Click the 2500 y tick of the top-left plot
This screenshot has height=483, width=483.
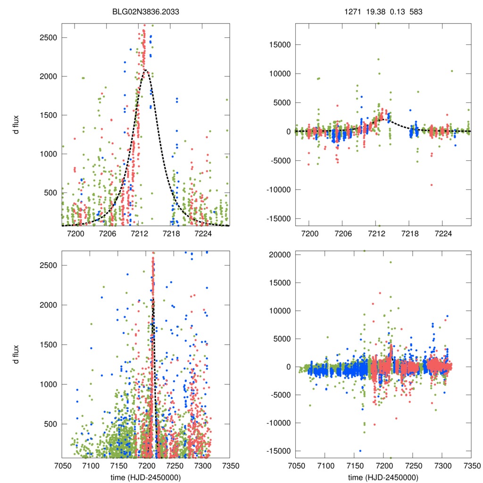pyautogui.click(x=48, y=38)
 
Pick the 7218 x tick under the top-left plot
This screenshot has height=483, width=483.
pyautogui.click(x=171, y=233)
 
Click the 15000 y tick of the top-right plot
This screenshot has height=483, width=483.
pyautogui.click(x=276, y=45)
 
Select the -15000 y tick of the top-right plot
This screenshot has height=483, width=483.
pyautogui.click(x=275, y=218)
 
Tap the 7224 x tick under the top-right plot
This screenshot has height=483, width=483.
pyautogui.click(x=443, y=233)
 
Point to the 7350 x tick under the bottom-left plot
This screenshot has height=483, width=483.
pyautogui.click(x=229, y=465)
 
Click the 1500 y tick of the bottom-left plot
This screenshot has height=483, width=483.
pyautogui.click(x=48, y=345)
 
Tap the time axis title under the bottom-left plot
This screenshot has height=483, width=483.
pyautogui.click(x=146, y=477)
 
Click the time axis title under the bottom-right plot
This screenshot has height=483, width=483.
pyautogui.click(x=383, y=477)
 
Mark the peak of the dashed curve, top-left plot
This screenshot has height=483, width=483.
pyautogui.click(x=146, y=70)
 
